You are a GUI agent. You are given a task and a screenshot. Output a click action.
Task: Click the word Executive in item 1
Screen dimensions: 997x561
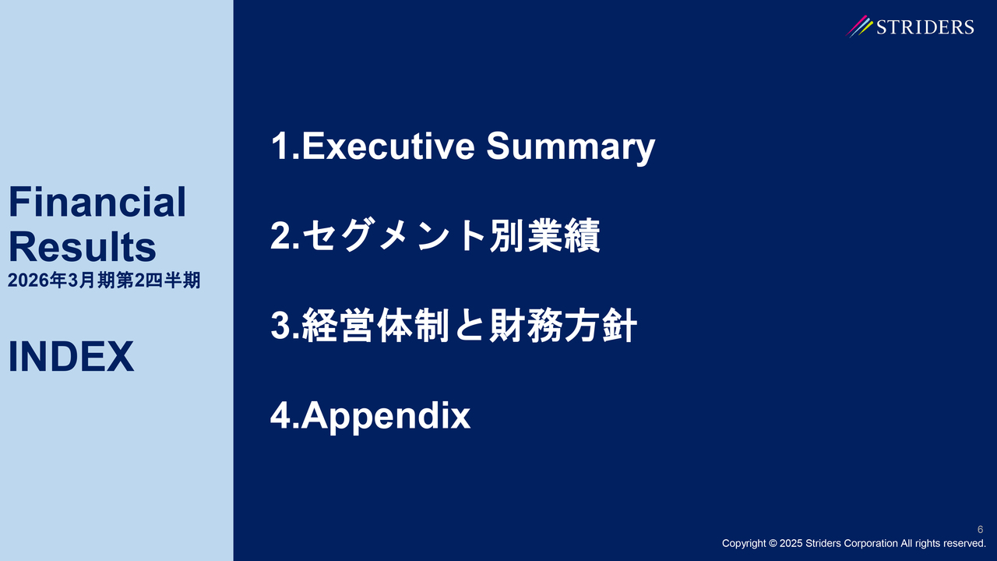389,146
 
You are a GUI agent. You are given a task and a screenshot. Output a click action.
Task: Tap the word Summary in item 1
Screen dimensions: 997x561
571,148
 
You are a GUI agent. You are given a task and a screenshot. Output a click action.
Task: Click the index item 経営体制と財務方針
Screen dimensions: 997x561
469,326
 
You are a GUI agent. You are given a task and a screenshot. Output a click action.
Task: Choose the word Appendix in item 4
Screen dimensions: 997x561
386,416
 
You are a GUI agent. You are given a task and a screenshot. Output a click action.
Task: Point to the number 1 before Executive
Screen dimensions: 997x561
280,146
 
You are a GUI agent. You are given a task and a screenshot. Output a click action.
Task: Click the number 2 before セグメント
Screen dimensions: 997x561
281,235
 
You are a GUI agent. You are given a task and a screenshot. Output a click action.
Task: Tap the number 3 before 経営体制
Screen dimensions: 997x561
281,326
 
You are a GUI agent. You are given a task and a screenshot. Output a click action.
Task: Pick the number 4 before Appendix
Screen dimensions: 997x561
281,415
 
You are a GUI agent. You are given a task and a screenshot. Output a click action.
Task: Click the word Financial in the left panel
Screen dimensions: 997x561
97,202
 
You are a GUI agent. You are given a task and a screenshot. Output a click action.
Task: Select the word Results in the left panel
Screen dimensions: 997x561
83,247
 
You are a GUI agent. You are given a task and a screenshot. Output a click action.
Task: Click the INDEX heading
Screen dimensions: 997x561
71,356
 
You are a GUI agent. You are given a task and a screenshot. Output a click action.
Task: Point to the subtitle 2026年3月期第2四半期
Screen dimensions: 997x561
104,280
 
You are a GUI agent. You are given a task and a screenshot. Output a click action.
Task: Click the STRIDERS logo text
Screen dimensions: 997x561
925,27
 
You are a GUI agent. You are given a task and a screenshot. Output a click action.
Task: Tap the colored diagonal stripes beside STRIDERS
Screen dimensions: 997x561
859,26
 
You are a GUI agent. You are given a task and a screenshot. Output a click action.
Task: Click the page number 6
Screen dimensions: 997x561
980,529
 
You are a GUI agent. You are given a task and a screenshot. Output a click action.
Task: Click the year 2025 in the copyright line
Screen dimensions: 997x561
791,543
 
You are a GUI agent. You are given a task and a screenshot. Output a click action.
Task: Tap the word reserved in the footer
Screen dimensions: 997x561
967,543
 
